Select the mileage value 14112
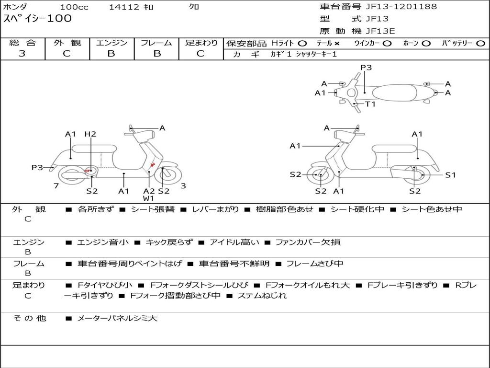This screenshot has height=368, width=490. tap(124, 7)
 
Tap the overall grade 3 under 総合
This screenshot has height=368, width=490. tap(22, 54)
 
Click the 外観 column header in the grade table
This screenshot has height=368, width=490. tap(67, 43)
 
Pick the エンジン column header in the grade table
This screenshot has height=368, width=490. tap(111, 43)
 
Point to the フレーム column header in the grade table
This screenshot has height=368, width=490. tap(156, 43)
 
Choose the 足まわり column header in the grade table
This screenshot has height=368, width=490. tap(201, 43)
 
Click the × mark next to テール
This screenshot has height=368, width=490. tap(337, 43)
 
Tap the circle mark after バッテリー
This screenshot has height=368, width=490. tap(480, 43)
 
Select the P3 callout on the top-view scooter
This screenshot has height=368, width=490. tap(366, 68)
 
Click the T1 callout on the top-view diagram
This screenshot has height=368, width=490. tap(370, 104)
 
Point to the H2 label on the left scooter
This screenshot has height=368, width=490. tap(90, 134)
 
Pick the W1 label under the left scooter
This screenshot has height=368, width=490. tap(148, 198)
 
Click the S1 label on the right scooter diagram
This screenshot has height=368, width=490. tap(450, 175)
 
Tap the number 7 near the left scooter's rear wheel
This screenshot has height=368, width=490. tap(56, 186)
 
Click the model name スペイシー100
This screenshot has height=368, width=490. tap(37, 19)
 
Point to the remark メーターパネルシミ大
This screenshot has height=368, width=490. tap(117, 318)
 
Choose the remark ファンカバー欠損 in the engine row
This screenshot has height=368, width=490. tap(308, 242)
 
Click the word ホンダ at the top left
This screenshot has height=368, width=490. tap(15, 7)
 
